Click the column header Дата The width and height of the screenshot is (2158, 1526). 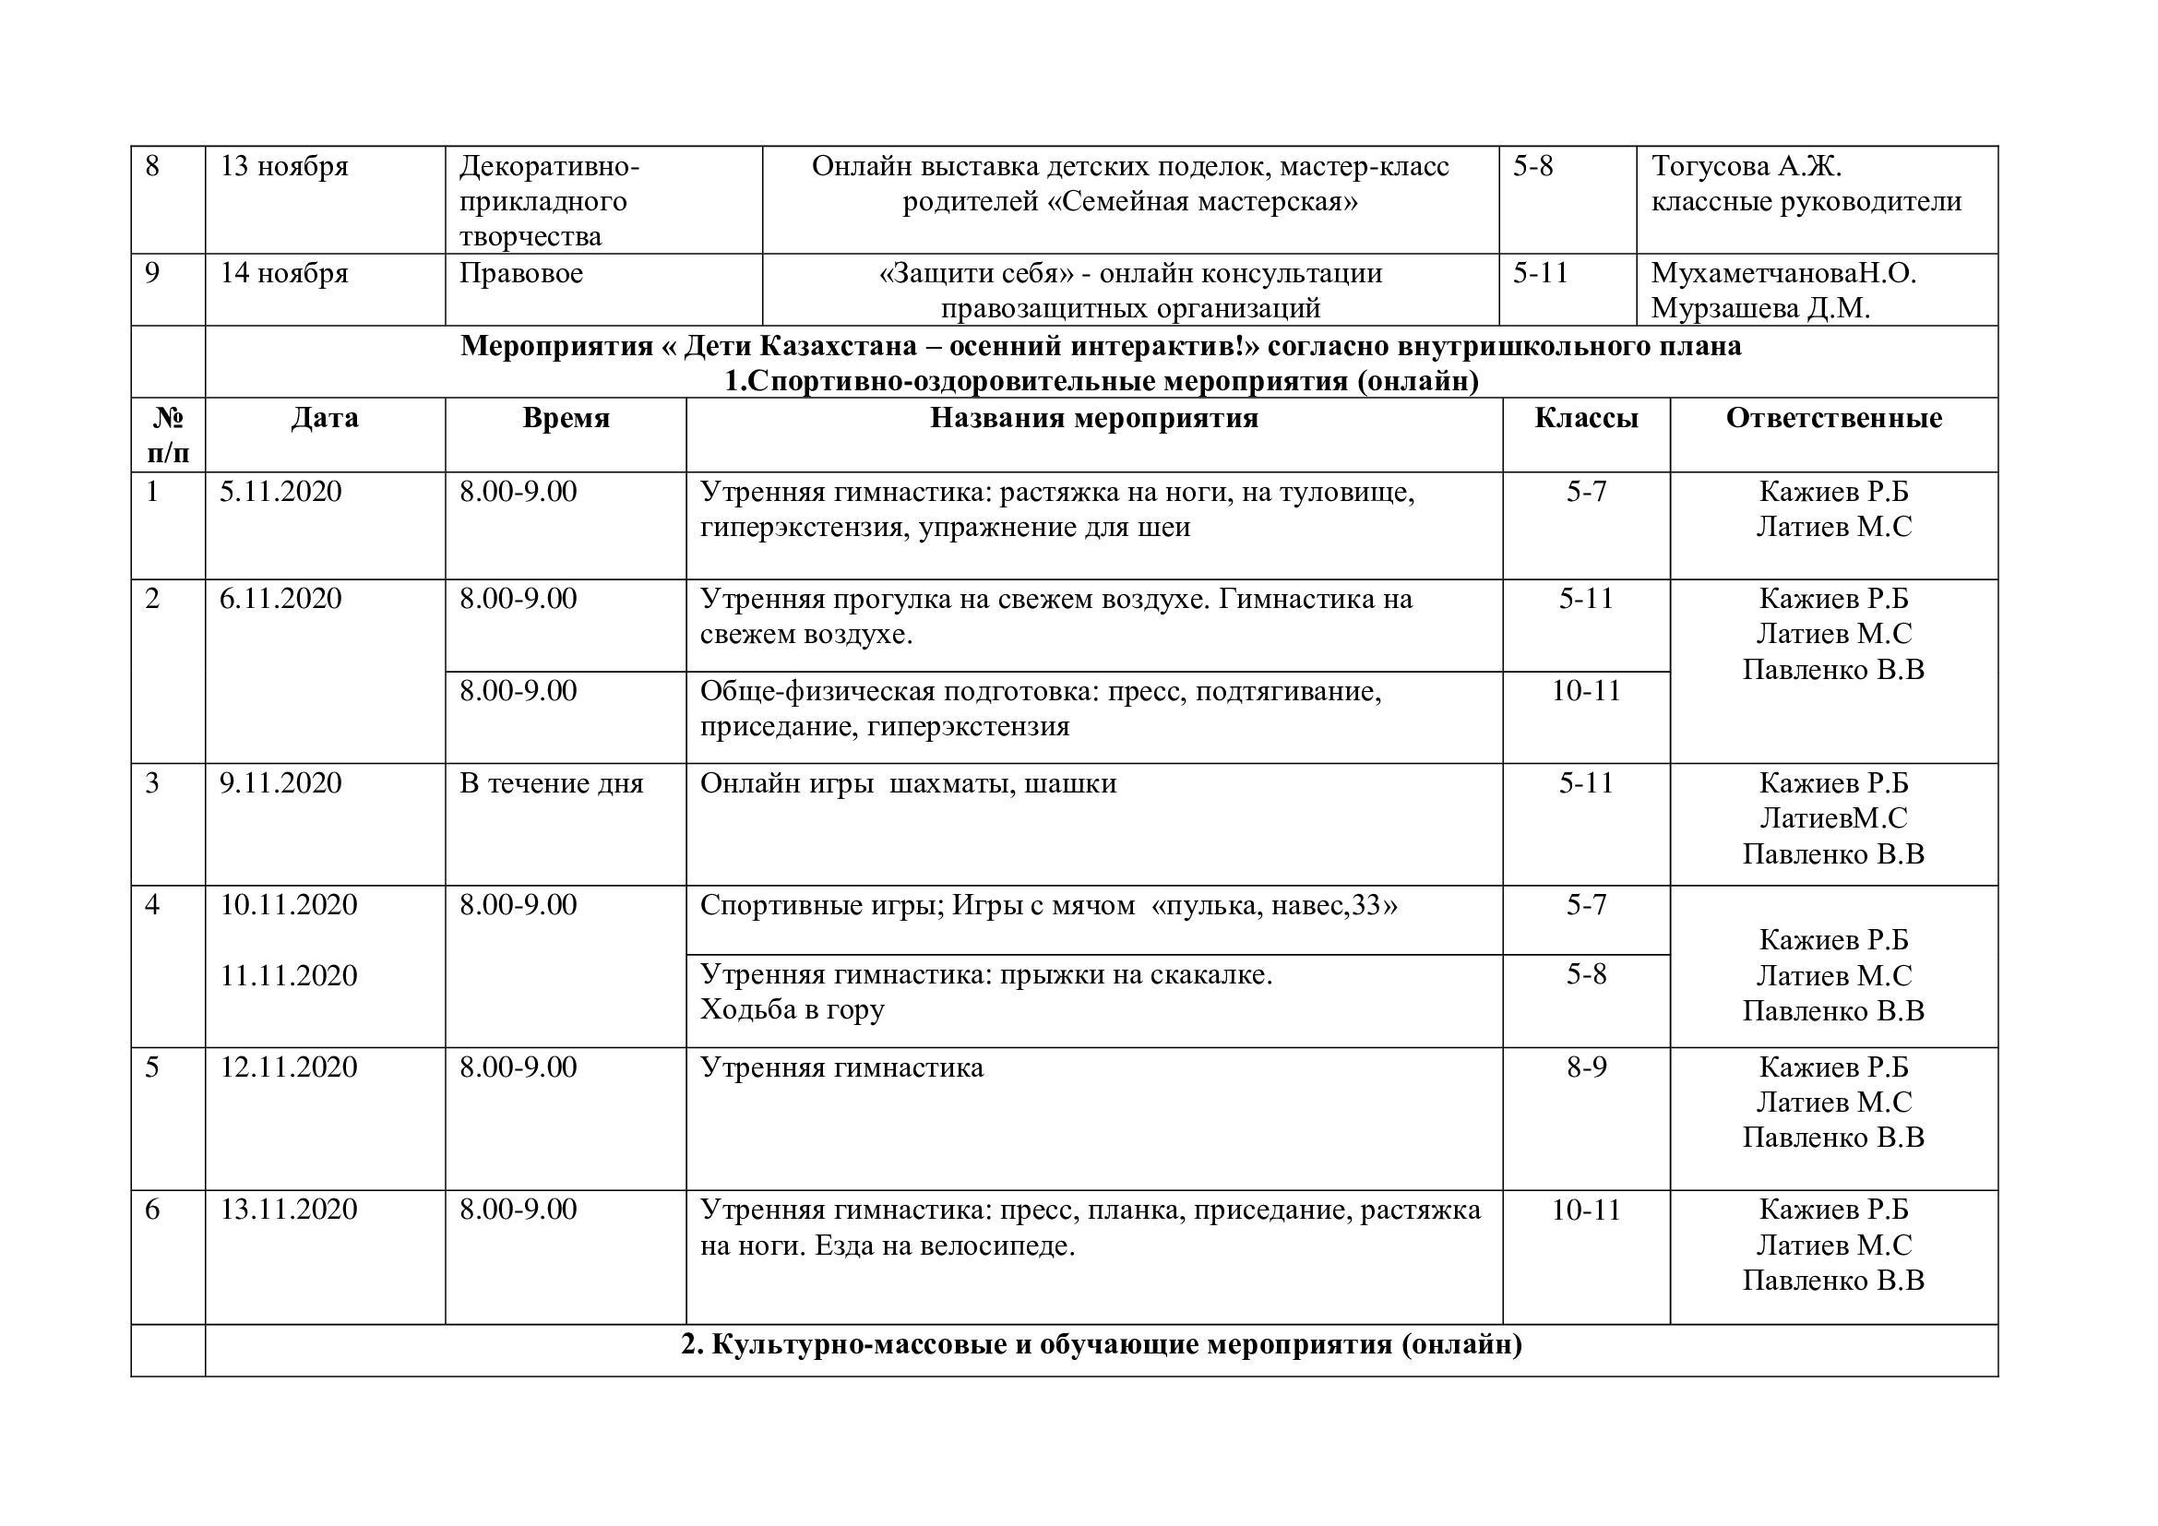pyautogui.click(x=324, y=418)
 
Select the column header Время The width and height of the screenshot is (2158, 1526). pyautogui.click(x=566, y=418)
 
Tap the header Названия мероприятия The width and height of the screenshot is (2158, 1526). pyautogui.click(x=1094, y=418)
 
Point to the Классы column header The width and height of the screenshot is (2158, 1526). pyautogui.click(x=1586, y=418)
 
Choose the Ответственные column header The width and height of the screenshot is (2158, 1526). pyautogui.click(x=1833, y=418)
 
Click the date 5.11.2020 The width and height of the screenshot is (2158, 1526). pyautogui.click(x=281, y=492)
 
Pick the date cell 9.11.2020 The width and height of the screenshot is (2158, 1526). pyautogui.click(x=281, y=782)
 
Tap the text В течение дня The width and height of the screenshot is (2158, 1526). pyautogui.click(x=551, y=782)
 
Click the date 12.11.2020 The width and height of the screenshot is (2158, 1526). pyautogui.click(x=289, y=1067)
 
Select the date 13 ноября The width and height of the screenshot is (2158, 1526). pyautogui.click(x=284, y=166)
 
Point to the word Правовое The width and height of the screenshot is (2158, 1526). pyautogui.click(x=520, y=273)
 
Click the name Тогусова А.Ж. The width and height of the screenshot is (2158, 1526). pyautogui.click(x=1746, y=166)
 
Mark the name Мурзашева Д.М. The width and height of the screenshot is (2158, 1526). pyautogui.click(x=1759, y=308)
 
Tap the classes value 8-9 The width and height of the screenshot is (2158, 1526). pyautogui.click(x=1586, y=1067)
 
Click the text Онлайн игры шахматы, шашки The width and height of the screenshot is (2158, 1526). pyautogui.click(x=908, y=782)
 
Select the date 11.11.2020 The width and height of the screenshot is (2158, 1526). pyautogui.click(x=289, y=974)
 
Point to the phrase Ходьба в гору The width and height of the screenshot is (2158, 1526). pyautogui.click(x=792, y=1009)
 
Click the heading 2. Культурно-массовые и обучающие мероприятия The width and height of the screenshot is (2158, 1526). pyautogui.click(x=1101, y=1344)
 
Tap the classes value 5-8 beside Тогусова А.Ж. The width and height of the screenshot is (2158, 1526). pyautogui.click(x=1533, y=166)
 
